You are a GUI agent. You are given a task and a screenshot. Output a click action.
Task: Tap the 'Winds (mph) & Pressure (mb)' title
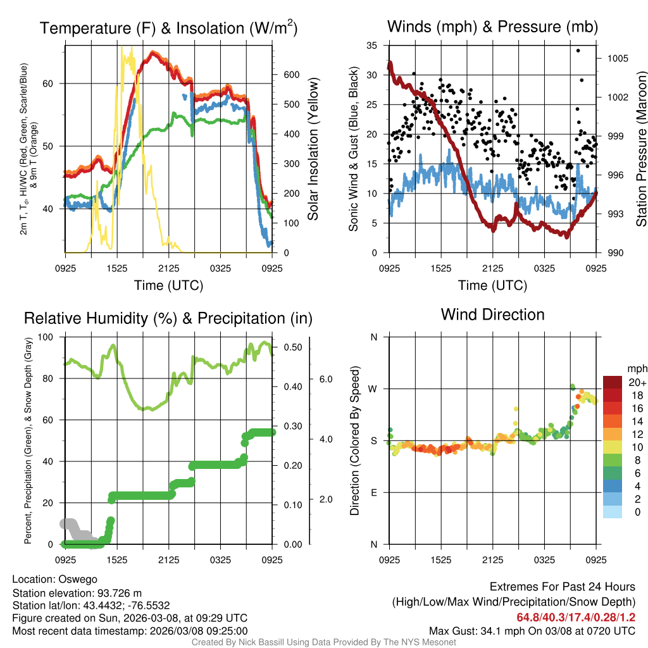[492, 27]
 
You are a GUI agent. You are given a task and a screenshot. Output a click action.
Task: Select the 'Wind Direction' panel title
[492, 315]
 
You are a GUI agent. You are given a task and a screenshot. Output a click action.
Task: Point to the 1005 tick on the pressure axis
[617, 58]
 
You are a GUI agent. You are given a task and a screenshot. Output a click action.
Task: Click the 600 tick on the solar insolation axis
[291, 75]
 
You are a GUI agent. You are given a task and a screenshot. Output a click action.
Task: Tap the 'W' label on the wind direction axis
[373, 389]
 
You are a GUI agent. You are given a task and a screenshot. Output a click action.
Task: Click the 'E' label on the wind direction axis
[373, 492]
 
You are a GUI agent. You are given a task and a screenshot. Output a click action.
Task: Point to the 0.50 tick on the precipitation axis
[295, 347]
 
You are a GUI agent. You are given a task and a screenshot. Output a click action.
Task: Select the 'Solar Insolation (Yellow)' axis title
[313, 149]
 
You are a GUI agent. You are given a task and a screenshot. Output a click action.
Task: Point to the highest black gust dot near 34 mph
[577, 50]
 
